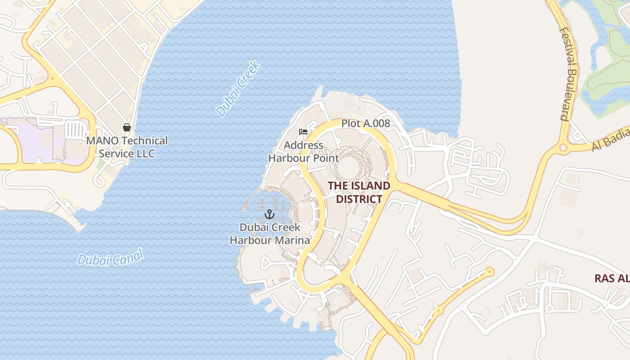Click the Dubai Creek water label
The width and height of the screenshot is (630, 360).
click(x=238, y=89)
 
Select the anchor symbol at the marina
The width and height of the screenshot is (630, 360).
click(x=270, y=214)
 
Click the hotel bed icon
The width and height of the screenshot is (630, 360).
click(x=304, y=132)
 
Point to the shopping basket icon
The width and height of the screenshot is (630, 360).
click(x=127, y=127)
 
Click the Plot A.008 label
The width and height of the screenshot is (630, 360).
click(x=365, y=123)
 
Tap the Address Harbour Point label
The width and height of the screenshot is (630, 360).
click(x=304, y=152)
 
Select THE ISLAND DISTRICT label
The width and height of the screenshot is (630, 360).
click(x=359, y=192)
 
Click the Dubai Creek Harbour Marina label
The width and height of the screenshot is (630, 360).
click(x=270, y=234)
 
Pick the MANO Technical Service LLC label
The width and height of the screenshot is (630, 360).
click(x=127, y=147)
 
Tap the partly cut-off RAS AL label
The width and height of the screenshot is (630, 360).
click(x=612, y=279)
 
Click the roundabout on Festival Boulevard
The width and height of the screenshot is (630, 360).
click(x=563, y=148)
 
